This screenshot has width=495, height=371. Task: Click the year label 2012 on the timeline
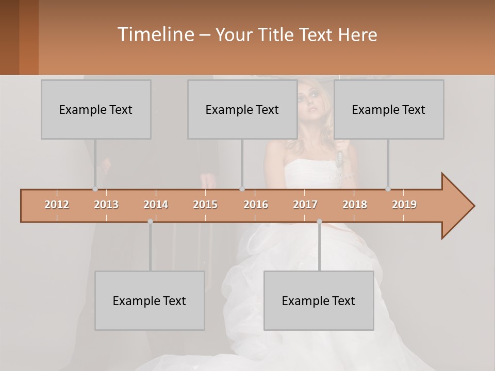click(57, 205)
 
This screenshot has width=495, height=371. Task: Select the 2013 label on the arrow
click(106, 205)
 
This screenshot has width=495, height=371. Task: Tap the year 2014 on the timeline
click(156, 205)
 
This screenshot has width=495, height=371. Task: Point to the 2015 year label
click(205, 205)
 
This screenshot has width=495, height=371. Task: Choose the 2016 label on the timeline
click(256, 205)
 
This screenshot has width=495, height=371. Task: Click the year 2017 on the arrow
click(305, 205)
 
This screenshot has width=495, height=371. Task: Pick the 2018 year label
click(355, 205)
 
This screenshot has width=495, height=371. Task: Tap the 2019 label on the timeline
click(404, 205)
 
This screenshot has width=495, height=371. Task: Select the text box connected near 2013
click(96, 109)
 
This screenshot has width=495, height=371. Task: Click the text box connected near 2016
click(242, 109)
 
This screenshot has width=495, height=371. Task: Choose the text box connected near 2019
click(389, 109)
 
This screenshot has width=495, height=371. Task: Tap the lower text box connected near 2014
click(150, 300)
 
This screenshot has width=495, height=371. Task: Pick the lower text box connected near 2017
click(319, 300)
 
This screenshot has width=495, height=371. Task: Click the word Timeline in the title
click(155, 35)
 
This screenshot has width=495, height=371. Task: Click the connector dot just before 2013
click(95, 189)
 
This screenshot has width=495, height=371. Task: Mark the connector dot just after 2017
click(319, 222)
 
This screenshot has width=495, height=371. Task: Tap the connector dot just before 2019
click(388, 189)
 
